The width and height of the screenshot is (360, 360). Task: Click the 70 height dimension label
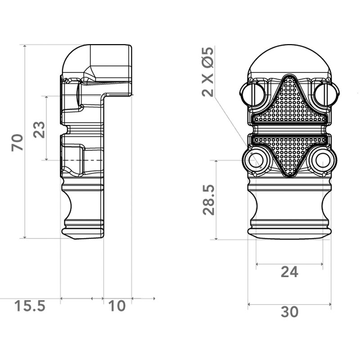pos(18,143)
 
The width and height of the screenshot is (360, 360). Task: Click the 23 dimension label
pos(39,130)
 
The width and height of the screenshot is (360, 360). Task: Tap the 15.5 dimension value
pos(30,306)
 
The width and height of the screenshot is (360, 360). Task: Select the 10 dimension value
pos(117,306)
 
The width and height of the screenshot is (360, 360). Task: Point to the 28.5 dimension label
pos(208,199)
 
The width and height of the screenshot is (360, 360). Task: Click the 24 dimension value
pos(289,272)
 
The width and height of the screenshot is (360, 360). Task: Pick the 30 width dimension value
pos(289,312)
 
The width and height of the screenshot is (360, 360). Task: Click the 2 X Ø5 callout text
pos(208,72)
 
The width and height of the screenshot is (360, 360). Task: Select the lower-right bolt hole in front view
pos(323,161)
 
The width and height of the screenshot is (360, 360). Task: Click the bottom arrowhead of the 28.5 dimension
pos(216,238)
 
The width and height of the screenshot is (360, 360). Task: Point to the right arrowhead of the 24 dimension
pos(321,264)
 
